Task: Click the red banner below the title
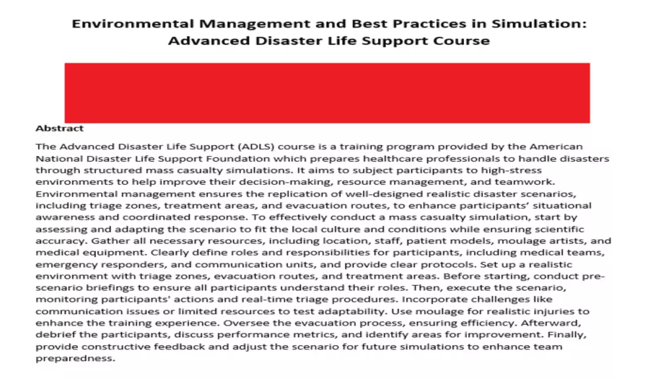pyautogui.click(x=327, y=92)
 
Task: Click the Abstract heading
pyautogui.click(x=59, y=128)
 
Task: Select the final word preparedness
pyautogui.click(x=75, y=359)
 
